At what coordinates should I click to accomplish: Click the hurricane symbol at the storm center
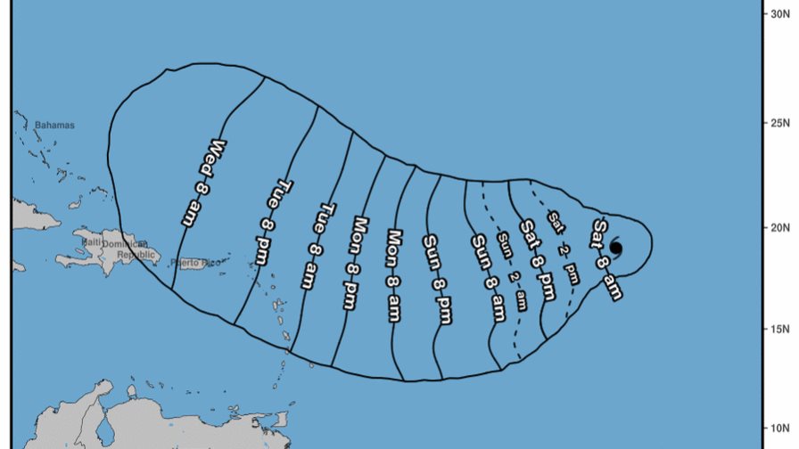(615, 249)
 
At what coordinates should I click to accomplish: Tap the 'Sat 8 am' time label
(605, 258)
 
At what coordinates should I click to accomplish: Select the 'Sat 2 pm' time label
(564, 247)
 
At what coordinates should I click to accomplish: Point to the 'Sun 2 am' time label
(512, 271)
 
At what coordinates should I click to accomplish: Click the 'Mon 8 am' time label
(394, 275)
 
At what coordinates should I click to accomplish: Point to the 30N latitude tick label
(778, 13)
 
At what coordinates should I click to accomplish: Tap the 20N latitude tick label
(778, 227)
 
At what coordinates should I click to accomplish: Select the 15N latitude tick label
(778, 328)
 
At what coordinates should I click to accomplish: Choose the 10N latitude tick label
(778, 427)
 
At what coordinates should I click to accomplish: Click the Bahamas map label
(54, 126)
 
